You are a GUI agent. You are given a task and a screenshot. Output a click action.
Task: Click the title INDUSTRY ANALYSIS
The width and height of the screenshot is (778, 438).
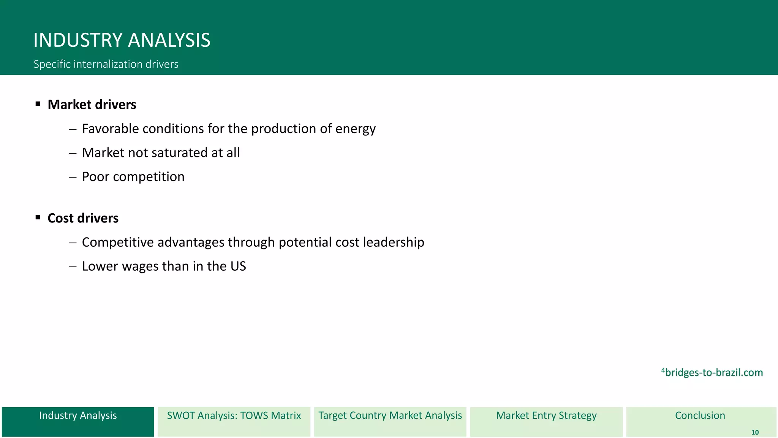coord(122,40)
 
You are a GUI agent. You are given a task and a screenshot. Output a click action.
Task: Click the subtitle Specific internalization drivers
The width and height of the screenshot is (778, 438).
coord(106,64)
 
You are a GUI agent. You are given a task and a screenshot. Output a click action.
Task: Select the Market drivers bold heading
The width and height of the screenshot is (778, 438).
coord(92,105)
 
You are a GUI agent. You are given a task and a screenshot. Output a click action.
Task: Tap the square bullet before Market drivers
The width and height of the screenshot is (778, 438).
coord(38,104)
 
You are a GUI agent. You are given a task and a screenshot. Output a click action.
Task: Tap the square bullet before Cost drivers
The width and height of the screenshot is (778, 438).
coord(38,217)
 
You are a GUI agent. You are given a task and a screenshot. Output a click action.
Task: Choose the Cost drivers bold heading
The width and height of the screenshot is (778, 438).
coord(83,218)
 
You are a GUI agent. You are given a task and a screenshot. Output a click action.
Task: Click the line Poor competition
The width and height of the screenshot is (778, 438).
coord(133,177)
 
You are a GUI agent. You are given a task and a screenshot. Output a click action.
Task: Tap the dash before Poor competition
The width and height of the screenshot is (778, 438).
coord(73,177)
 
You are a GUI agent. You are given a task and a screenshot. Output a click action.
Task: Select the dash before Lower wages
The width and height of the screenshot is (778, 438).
coord(73,267)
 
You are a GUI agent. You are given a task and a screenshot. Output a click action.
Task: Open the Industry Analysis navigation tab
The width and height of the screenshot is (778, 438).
coord(78,421)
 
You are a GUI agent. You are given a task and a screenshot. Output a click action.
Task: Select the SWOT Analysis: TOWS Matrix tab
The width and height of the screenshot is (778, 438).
coord(234,421)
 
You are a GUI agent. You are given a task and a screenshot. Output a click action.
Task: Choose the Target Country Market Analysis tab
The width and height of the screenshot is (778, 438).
coord(390,421)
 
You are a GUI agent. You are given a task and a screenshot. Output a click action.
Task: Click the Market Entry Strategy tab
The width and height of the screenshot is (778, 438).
coord(546,421)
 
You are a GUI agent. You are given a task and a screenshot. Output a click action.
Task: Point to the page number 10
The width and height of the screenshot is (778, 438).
coord(755,432)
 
